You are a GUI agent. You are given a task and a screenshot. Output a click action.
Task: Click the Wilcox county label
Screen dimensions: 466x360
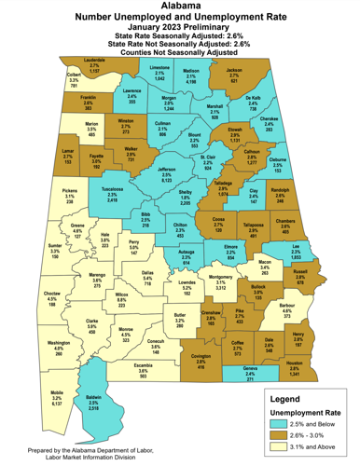pyautogui.click(x=121, y=294)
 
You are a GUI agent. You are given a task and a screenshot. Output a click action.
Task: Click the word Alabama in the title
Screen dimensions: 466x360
pyautogui.click(x=180, y=6)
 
